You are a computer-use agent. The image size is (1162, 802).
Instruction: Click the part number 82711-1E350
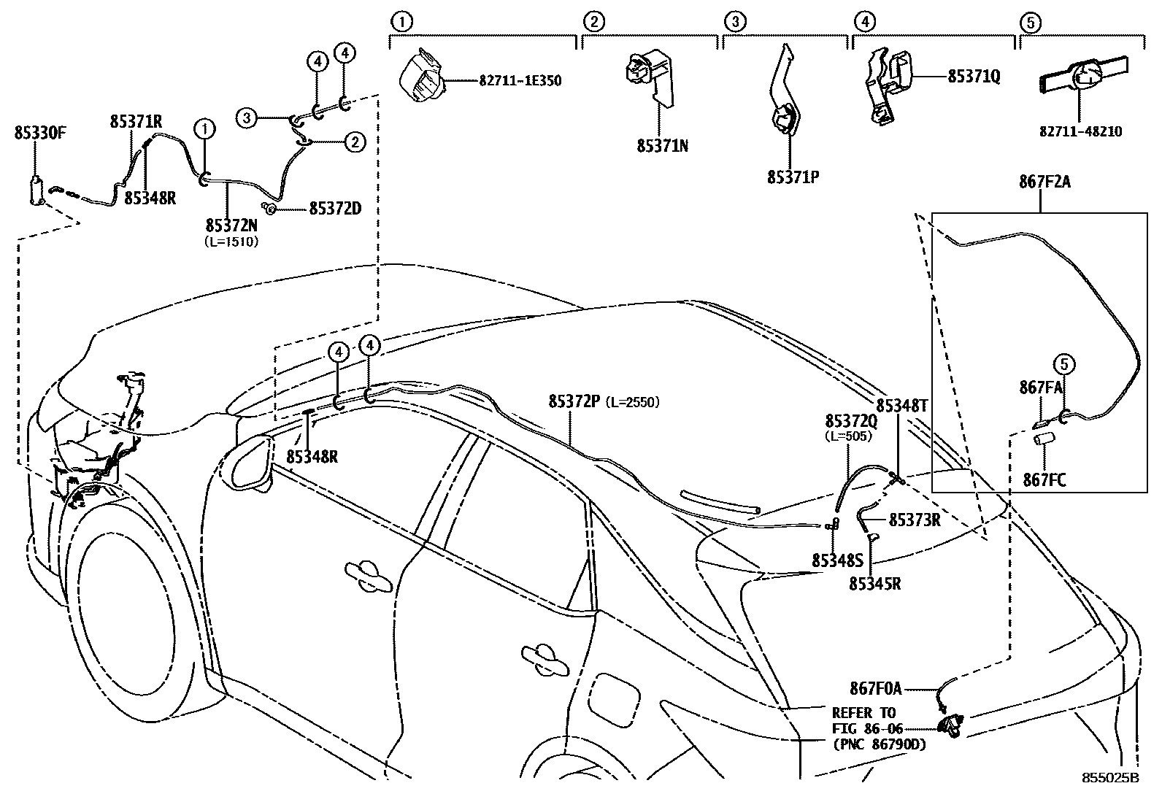pyautogui.click(x=520, y=81)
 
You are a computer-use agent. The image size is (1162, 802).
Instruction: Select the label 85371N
pyautogui.click(x=662, y=146)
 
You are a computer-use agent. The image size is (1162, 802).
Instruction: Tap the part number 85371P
pyautogui.click(x=793, y=177)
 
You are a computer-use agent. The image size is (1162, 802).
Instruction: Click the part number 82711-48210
pyautogui.click(x=1081, y=132)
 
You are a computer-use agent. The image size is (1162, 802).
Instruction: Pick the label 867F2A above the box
pyautogui.click(x=1044, y=182)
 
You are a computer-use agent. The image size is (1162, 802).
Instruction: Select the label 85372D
pyautogui.click(x=335, y=209)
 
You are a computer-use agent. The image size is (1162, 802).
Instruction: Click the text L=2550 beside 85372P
pyautogui.click(x=633, y=402)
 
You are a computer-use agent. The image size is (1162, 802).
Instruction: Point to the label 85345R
pyautogui.click(x=874, y=583)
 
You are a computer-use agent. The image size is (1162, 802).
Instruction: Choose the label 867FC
pyautogui.click(x=1044, y=479)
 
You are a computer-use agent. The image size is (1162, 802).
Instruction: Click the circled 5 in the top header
pyautogui.click(x=1029, y=23)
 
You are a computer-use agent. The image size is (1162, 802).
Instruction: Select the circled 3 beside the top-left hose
pyautogui.click(x=247, y=117)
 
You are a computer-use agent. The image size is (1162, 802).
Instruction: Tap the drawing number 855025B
pyautogui.click(x=1109, y=778)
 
